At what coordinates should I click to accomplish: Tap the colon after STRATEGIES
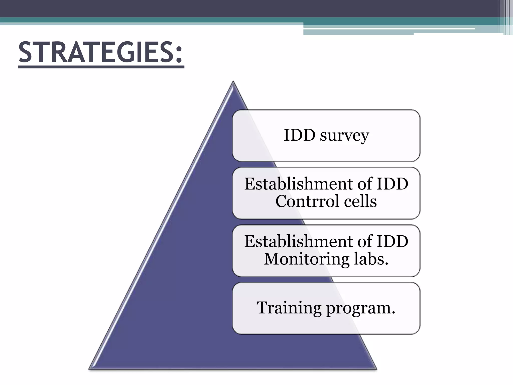pyautogui.click(x=178, y=56)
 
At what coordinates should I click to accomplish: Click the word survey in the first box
pyautogui.click(x=344, y=136)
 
